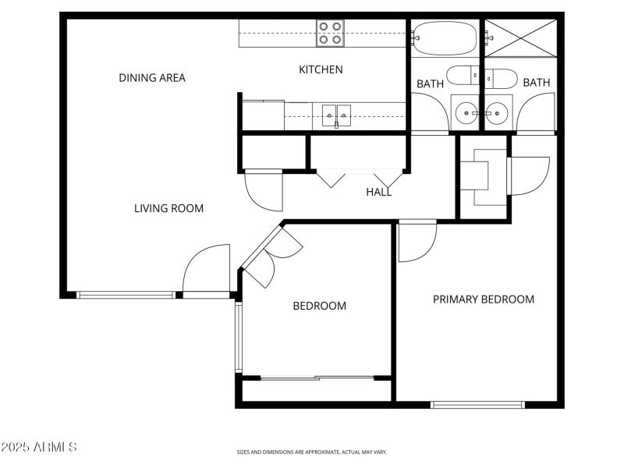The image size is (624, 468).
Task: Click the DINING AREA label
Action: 152,78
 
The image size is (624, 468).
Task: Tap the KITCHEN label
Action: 321,69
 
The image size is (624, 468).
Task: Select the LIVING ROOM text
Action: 168,208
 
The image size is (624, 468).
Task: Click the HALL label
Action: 379,192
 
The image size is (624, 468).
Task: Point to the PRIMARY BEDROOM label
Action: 484,300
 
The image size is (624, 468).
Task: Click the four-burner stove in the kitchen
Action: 330,34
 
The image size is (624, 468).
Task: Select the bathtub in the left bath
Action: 442,37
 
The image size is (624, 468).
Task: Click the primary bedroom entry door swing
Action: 416,241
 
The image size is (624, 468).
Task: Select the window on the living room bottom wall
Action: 126,295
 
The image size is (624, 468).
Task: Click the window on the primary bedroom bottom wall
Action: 478,404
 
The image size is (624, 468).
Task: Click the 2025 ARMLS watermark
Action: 39,447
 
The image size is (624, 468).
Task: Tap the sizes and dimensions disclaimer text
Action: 312,452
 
